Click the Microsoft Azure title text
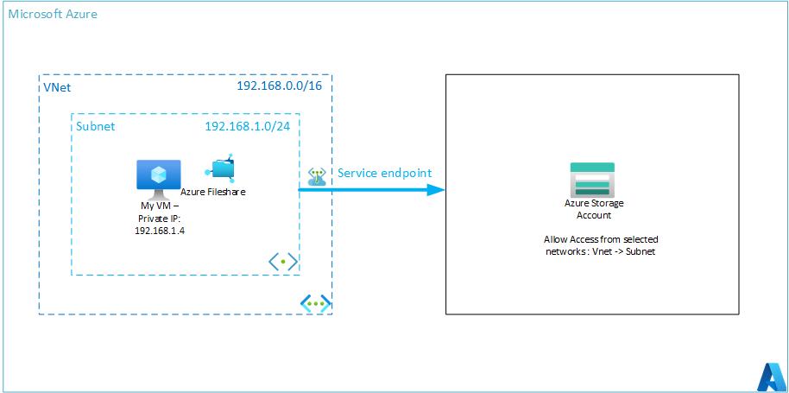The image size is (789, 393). click(52, 14)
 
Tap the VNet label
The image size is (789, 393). click(56, 87)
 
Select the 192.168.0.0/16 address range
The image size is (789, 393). click(284, 86)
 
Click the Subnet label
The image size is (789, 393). click(96, 126)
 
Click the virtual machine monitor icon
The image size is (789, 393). click(159, 175)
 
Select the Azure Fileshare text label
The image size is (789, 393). click(213, 192)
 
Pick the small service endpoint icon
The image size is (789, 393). click(317, 175)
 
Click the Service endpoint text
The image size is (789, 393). click(384, 173)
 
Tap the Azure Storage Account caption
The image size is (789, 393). click(594, 209)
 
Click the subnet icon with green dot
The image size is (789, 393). click(283, 262)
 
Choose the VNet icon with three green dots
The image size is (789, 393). click(315, 303)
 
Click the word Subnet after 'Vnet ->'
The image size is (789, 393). click(640, 250)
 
